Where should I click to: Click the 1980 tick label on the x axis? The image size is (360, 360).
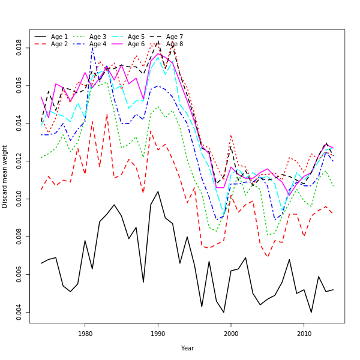[x=85, y=334]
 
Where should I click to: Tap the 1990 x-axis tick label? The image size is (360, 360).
[x=158, y=334]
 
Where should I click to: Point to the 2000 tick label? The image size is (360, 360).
[x=231, y=334]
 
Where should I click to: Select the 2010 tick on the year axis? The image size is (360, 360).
[x=304, y=334]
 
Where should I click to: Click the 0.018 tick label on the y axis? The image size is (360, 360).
[x=19, y=48]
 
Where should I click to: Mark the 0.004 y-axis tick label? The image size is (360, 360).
[x=19, y=312]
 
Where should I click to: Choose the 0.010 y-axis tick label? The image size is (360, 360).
[x=19, y=199]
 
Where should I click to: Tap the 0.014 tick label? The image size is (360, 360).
[x=19, y=124]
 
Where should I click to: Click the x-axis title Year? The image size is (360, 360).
[x=187, y=348]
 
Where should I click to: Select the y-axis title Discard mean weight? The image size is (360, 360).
[x=5, y=176]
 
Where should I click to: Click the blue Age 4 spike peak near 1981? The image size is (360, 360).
[x=92, y=47]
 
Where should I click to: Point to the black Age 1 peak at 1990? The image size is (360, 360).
[x=158, y=191]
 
